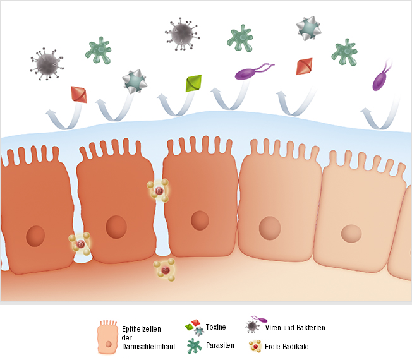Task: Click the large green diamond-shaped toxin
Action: coord(193,83)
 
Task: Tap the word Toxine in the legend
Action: coord(215,327)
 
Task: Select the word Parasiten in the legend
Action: coord(220,345)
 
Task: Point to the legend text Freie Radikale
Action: coord(287,347)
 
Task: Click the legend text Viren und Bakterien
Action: coord(295,328)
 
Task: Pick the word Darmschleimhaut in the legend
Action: coord(148,347)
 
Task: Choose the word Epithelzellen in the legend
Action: coord(142,329)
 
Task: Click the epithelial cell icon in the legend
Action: coord(107,337)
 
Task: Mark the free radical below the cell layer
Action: coord(165,270)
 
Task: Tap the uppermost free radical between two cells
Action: coord(158,191)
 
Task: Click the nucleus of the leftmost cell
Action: coord(35,236)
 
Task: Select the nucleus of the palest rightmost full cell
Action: coord(351,234)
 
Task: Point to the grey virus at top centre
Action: coord(182,34)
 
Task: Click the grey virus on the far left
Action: coord(47,64)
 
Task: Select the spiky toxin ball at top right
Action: coord(309,28)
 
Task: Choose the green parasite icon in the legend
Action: coord(194,345)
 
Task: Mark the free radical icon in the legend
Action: coord(255,346)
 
